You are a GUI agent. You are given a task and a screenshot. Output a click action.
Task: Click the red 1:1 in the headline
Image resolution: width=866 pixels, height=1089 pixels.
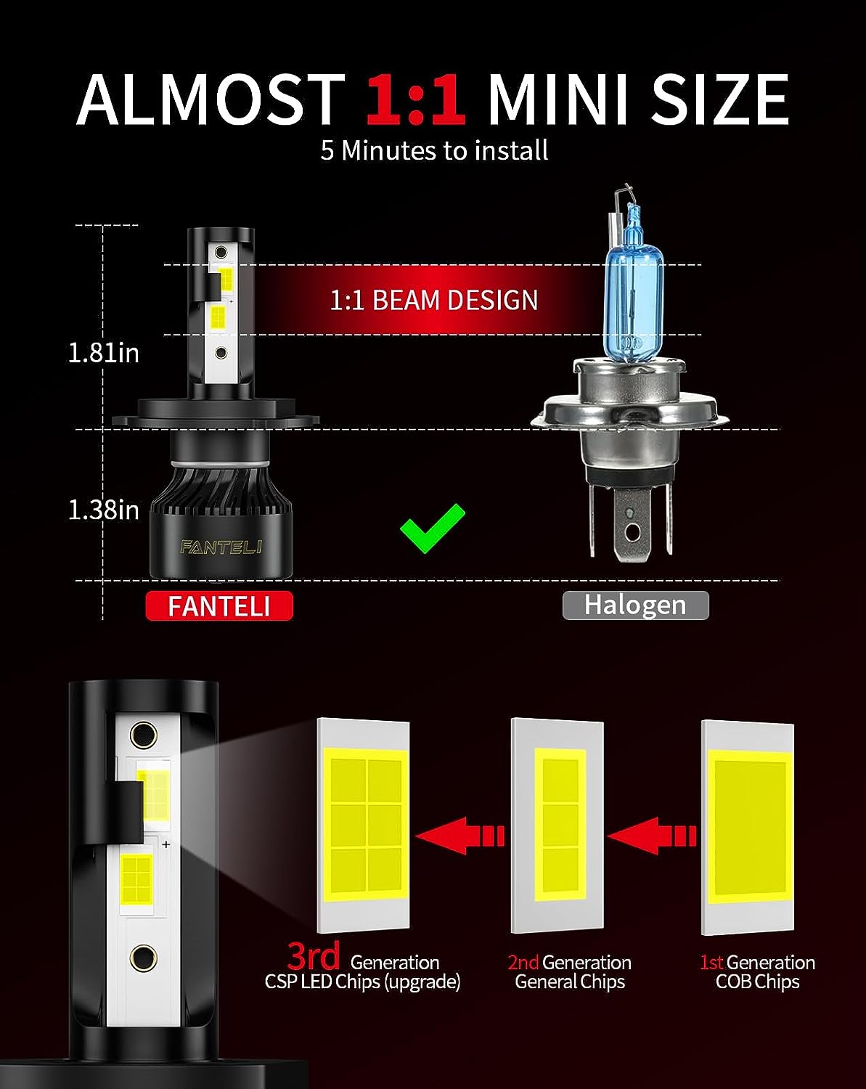(415, 99)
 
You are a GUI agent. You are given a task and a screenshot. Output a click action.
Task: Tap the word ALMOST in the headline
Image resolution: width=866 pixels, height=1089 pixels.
(211, 99)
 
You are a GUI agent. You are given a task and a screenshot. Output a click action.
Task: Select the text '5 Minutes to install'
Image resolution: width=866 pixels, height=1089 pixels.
(434, 150)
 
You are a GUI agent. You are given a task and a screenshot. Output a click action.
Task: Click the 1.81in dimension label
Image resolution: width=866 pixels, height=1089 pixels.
(104, 353)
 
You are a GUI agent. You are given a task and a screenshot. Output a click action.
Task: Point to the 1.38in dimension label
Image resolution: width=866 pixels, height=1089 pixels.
(104, 510)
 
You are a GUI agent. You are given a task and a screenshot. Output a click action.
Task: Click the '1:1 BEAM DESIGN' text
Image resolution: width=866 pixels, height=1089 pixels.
(434, 300)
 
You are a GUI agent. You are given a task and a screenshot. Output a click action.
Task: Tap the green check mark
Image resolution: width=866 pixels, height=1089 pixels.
(432, 529)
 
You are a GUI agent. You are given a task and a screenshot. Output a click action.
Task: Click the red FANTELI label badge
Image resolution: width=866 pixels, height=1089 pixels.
(219, 605)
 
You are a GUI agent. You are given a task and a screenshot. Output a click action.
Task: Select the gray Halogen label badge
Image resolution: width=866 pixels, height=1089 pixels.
(636, 605)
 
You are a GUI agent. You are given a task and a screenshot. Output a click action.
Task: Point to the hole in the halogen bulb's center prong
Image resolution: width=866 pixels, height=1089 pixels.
(632, 532)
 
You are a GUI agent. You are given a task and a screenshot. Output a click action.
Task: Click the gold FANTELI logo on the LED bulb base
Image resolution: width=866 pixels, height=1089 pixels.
(221, 547)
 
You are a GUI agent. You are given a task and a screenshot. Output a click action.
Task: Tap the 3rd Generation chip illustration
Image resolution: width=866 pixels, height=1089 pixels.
(364, 825)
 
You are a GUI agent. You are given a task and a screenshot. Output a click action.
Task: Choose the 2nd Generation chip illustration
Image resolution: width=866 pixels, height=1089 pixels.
(557, 825)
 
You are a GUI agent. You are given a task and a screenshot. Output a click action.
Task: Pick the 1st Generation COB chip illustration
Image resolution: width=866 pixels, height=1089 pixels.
(748, 828)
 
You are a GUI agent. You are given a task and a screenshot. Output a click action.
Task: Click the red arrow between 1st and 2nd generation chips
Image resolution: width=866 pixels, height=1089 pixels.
(652, 836)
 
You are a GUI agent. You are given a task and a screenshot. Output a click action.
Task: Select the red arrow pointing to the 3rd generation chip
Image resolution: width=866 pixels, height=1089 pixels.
(459, 836)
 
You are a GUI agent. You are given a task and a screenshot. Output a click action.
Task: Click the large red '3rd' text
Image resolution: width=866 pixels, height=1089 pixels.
(314, 955)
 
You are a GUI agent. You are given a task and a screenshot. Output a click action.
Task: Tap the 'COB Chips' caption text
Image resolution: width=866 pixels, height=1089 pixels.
(758, 982)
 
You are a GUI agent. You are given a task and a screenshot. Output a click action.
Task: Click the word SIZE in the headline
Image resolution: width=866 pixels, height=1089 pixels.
(719, 99)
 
